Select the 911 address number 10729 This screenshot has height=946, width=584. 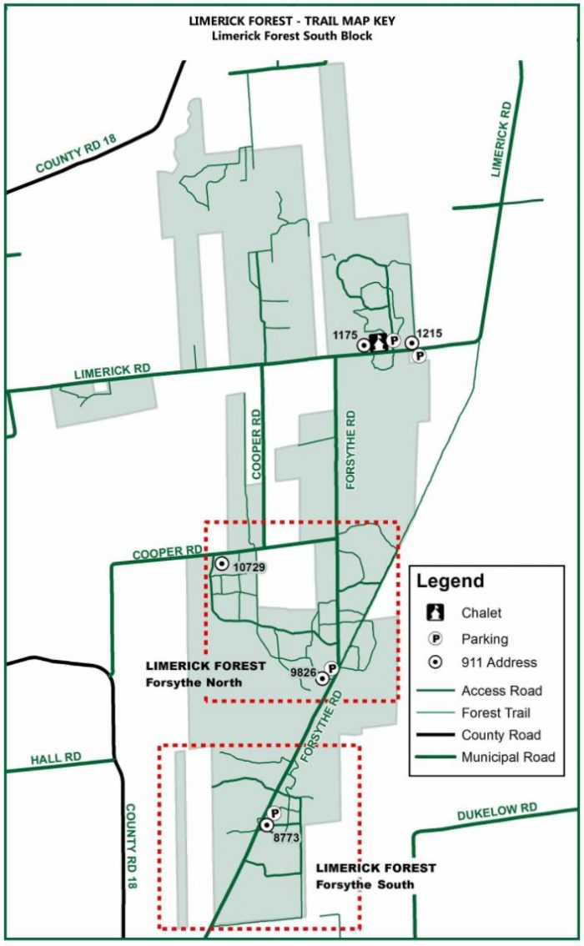point(249,567)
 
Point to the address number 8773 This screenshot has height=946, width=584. point(285,836)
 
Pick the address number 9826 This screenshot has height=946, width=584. point(302,671)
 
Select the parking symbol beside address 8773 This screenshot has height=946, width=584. point(274,813)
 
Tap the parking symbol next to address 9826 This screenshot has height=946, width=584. point(331,668)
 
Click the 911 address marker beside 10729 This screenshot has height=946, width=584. point(222,564)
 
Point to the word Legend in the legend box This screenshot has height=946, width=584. point(450,581)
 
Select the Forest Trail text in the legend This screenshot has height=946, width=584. point(496,713)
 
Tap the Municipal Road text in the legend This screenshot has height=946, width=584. point(508,757)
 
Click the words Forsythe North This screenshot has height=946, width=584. point(194,682)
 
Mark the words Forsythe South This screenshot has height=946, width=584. point(365,884)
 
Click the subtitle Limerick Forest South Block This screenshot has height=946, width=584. point(291,35)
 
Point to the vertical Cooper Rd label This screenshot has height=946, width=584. point(257,443)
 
